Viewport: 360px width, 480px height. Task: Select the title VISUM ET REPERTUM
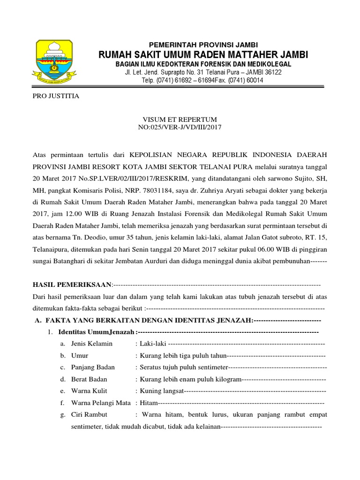[x=180, y=120]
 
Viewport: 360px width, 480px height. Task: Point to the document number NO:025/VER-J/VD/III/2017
[x=180, y=127]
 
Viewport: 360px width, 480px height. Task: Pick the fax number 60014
[x=254, y=80]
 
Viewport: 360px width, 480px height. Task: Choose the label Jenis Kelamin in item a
[x=92, y=344]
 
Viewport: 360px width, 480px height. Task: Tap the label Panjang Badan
[x=93, y=367]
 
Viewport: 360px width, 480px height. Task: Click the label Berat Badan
[x=89, y=379]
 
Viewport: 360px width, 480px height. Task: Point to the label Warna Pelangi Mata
[x=101, y=402]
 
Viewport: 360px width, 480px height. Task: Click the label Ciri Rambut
[x=89, y=414]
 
